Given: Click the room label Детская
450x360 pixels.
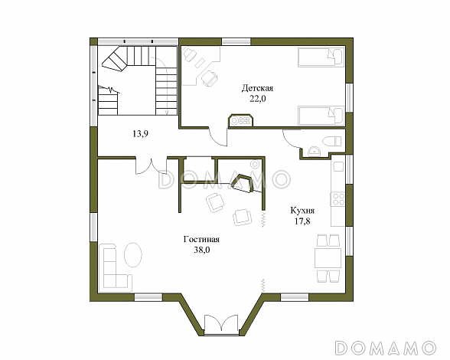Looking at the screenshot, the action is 257,88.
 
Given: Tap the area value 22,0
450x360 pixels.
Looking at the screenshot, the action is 257,99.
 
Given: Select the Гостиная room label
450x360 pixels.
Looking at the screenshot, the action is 201,239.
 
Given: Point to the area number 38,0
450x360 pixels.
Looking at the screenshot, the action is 202,250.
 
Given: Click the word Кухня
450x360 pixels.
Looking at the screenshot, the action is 302,211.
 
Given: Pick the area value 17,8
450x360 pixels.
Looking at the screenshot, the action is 302,221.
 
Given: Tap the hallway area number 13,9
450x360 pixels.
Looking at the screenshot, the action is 140,133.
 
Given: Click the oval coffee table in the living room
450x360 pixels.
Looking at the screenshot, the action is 132,254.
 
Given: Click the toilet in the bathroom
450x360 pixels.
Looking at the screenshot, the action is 332,142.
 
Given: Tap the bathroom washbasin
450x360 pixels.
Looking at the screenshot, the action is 315,152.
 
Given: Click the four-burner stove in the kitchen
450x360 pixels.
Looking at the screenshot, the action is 338,199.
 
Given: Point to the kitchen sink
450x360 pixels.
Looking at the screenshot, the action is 338,166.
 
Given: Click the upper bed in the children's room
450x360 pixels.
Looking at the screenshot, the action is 321,57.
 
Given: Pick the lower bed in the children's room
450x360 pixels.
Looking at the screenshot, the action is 321,116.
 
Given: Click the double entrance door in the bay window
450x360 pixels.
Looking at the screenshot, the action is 221,324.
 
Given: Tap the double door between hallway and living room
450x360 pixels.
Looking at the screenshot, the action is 152,165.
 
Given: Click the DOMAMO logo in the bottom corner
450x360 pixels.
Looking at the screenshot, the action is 386,348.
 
